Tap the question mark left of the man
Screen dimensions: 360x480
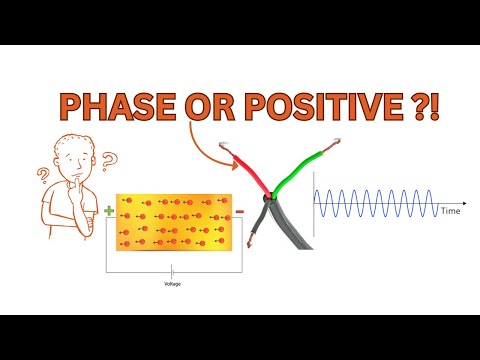(x=44, y=177)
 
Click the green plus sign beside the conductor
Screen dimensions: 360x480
(x=108, y=210)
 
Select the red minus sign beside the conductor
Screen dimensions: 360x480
(x=239, y=211)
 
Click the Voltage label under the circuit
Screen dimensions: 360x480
(x=173, y=282)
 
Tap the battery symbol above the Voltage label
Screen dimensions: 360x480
(x=173, y=270)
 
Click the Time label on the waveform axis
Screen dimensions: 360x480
(x=451, y=213)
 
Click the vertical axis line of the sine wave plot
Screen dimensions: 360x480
(x=314, y=205)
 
